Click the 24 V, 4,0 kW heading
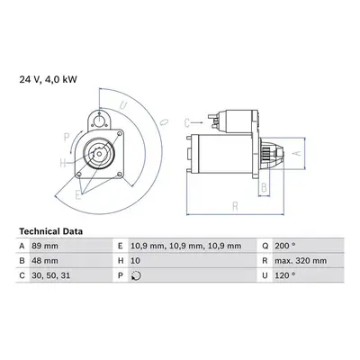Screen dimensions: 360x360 point(49,79)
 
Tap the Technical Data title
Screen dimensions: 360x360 point(51,231)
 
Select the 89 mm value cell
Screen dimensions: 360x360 point(45,247)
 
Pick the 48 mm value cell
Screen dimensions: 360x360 point(45,261)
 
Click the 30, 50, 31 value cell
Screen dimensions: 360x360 point(51,275)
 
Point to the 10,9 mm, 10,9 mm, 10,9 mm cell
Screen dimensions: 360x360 point(186,247)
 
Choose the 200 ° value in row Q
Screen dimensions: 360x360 point(285,247)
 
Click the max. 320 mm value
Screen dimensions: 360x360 point(301,261)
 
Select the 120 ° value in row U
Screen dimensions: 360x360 point(285,275)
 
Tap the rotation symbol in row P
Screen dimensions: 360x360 point(136,275)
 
